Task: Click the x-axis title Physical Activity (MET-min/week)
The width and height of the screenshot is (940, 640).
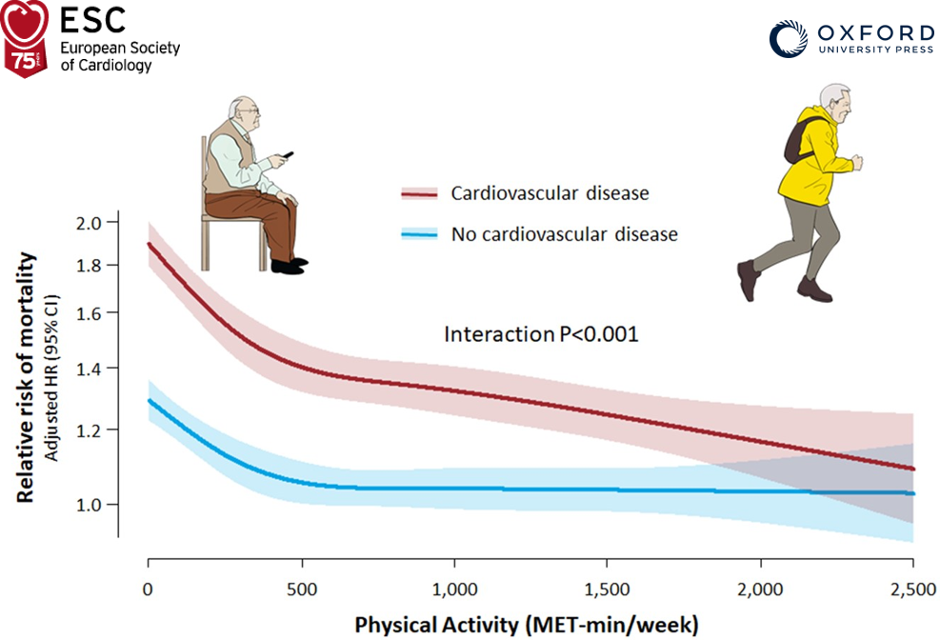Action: [x=527, y=625]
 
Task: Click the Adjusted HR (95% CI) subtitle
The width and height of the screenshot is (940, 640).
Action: [x=54, y=376]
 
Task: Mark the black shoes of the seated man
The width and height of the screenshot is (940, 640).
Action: [x=288, y=265]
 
